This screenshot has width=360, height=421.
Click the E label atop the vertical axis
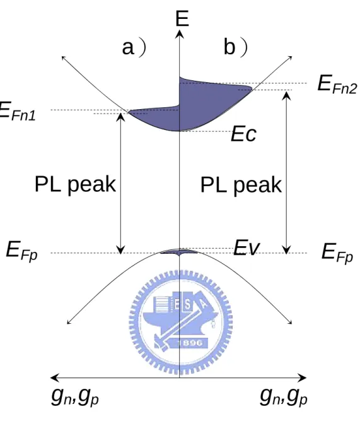(182, 18)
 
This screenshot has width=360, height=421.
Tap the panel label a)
(134, 47)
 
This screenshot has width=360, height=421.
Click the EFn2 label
(337, 85)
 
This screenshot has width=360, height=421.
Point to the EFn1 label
(17, 110)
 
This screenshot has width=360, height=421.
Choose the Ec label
(243, 134)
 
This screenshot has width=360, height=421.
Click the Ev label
(247, 247)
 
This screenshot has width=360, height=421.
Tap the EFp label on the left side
(21, 251)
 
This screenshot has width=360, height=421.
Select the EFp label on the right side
(337, 253)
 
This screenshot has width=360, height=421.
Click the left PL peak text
(76, 185)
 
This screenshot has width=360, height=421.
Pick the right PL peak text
(241, 186)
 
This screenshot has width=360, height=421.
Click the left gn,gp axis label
(75, 397)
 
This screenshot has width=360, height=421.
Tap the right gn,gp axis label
(284, 396)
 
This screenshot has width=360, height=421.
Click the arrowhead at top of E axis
(180, 34)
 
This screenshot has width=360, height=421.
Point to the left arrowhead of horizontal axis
(54, 377)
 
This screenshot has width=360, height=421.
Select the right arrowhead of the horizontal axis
(303, 377)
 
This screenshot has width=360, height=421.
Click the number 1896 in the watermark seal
(190, 343)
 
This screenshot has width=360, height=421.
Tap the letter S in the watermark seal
(189, 305)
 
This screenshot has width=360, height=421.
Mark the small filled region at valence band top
(179, 252)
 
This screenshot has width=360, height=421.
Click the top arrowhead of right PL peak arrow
(287, 95)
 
